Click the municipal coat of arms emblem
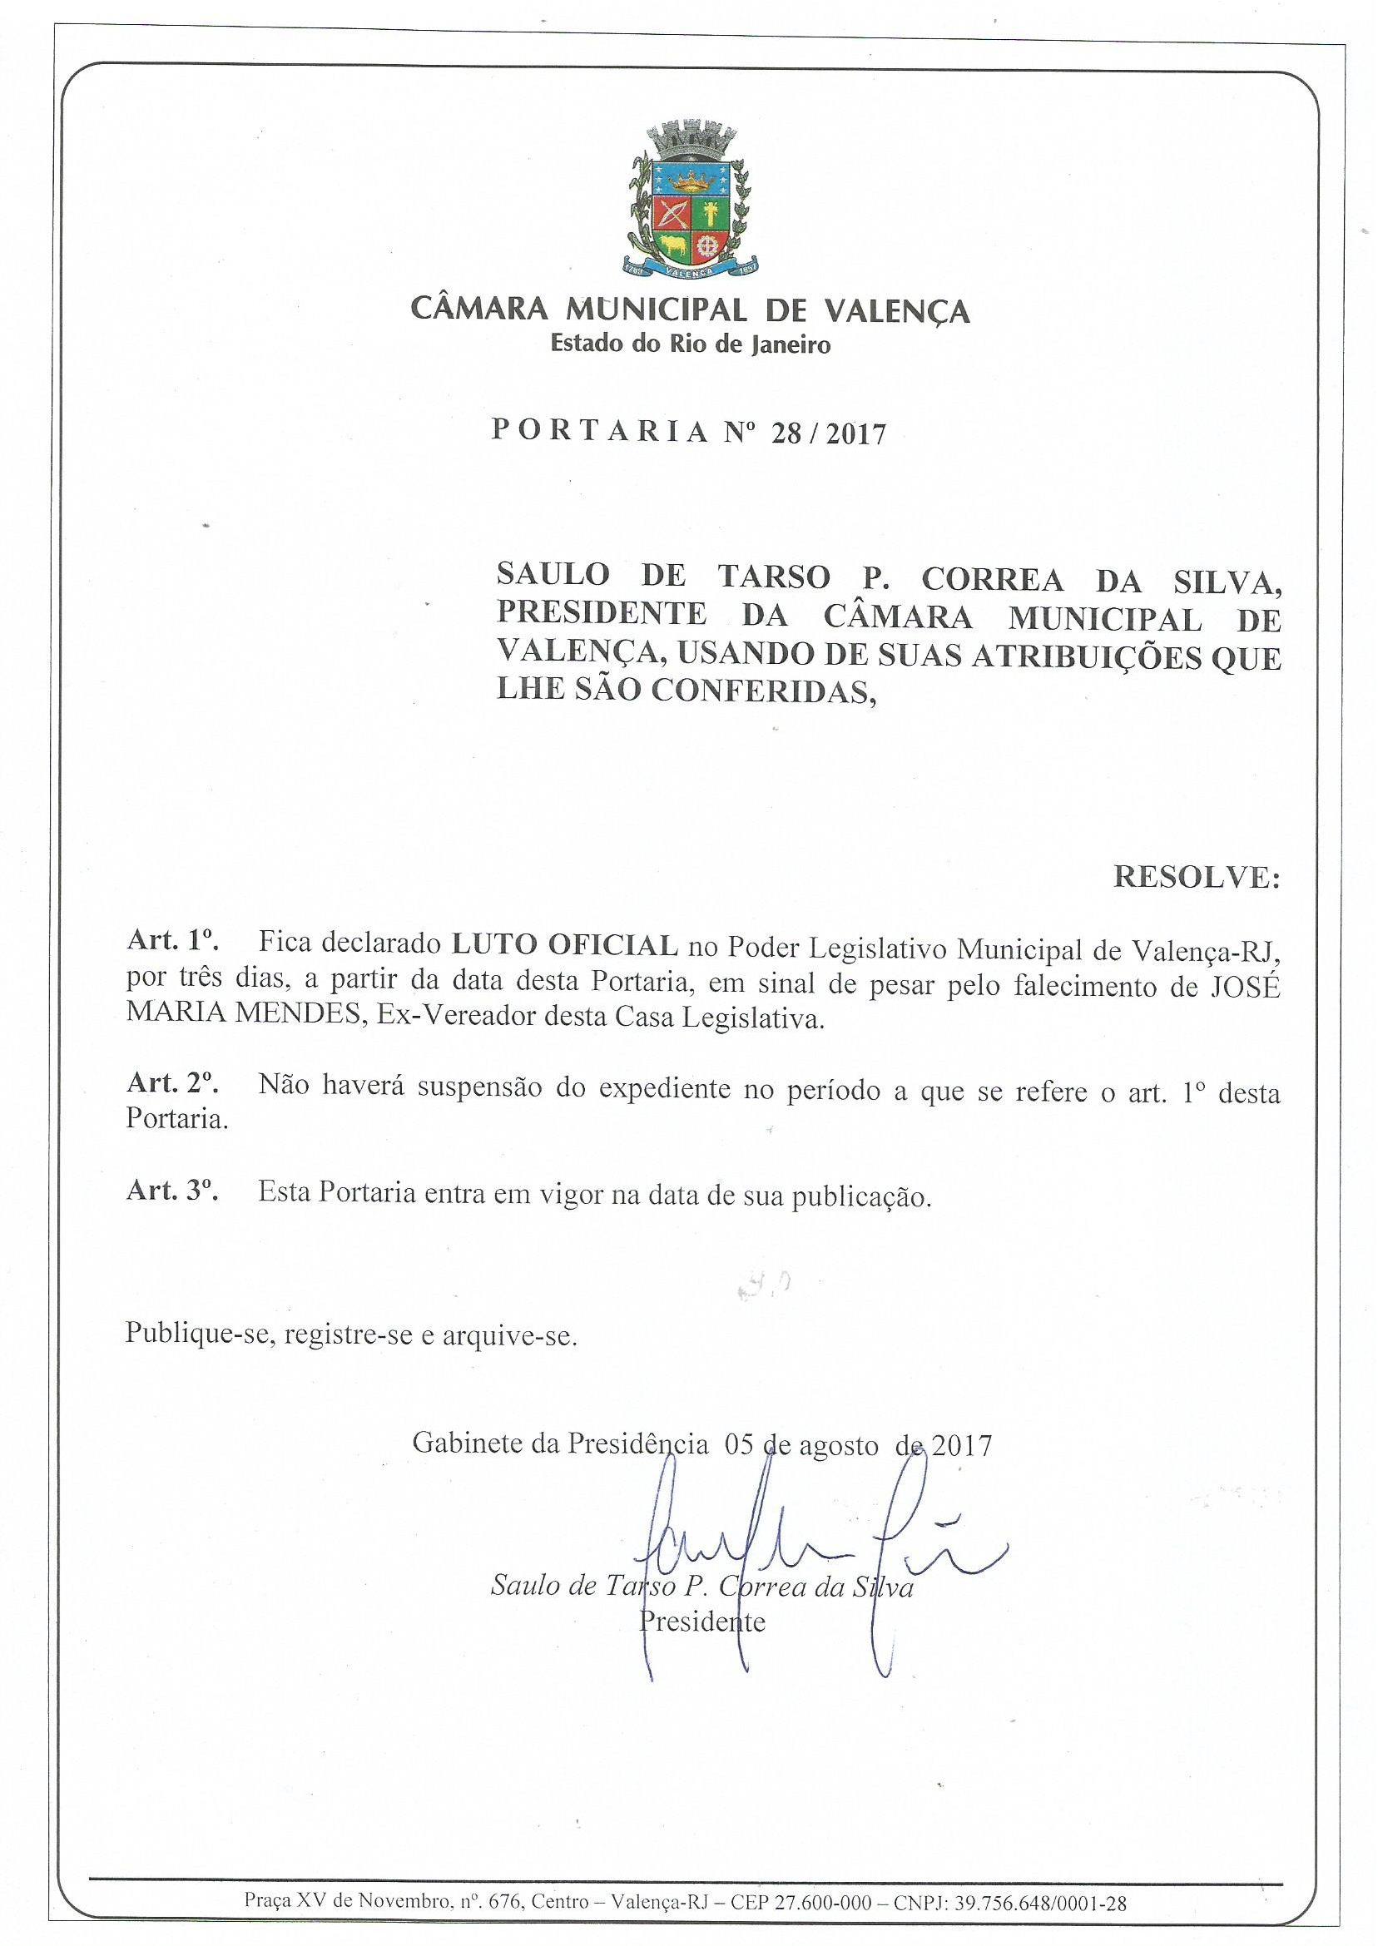[688, 203]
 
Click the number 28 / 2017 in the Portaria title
[826, 434]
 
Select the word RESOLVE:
[1196, 877]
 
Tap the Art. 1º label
[173, 943]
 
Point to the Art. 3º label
[173, 1192]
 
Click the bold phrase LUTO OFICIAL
[564, 943]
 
